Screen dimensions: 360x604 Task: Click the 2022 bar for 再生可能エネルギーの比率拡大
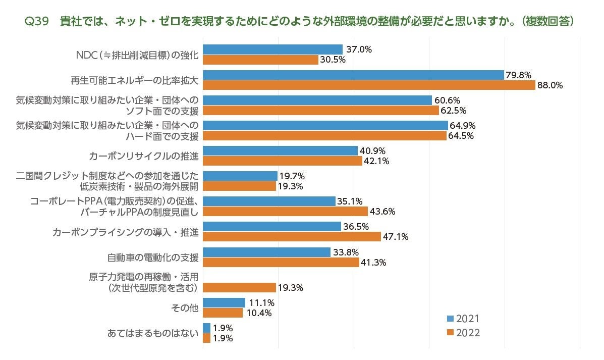(x=368, y=85)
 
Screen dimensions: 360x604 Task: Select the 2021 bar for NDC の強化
(x=272, y=49)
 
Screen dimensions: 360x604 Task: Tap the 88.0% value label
(x=550, y=85)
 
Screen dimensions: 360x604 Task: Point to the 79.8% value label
(x=519, y=75)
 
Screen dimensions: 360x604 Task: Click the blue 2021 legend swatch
(x=450, y=319)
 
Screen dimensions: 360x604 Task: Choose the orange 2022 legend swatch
(x=450, y=333)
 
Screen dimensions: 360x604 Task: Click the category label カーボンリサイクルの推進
(x=143, y=156)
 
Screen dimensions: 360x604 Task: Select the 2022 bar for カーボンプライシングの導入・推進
(x=292, y=237)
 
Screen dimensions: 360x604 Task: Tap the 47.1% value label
(x=396, y=237)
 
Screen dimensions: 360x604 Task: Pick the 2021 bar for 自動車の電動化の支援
(x=266, y=252)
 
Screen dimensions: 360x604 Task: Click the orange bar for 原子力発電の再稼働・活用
(x=239, y=288)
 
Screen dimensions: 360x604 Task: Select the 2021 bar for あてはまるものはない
(x=206, y=328)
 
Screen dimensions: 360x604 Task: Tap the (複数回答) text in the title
(x=548, y=22)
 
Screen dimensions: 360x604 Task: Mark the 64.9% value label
(x=463, y=125)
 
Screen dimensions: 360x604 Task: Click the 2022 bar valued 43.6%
(x=285, y=212)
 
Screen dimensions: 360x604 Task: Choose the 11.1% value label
(x=261, y=303)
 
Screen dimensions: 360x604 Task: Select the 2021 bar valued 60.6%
(x=317, y=100)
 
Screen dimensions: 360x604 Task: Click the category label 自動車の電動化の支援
(x=152, y=258)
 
